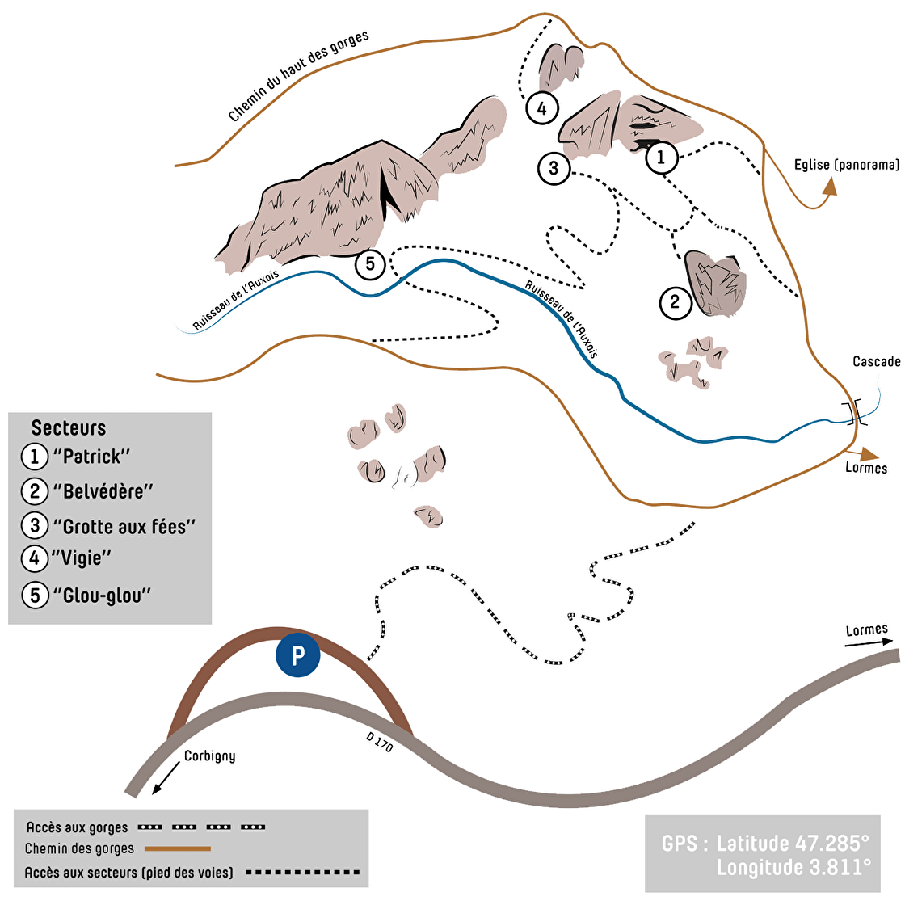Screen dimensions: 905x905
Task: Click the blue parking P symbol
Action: pyautogui.click(x=298, y=655)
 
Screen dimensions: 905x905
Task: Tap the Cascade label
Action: pyautogui.click(x=876, y=361)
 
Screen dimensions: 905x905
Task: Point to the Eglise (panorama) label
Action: pyautogui.click(x=846, y=165)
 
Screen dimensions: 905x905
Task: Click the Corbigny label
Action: pyautogui.click(x=209, y=756)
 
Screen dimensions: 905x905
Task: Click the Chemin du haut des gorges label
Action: pyautogui.click(x=298, y=77)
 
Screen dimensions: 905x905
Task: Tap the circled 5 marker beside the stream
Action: pyautogui.click(x=370, y=264)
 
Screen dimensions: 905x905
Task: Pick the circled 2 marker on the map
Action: pyautogui.click(x=675, y=303)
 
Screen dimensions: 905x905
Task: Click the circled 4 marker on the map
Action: pyautogui.click(x=541, y=108)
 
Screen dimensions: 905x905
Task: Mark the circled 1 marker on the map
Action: pyautogui.click(x=661, y=158)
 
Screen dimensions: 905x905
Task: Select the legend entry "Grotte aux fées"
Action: pyautogui.click(x=124, y=526)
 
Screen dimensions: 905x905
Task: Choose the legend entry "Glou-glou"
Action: pyautogui.click(x=102, y=596)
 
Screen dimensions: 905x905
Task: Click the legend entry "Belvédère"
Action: pyautogui.click(x=103, y=490)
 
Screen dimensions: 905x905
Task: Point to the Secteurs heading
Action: pyautogui.click(x=69, y=428)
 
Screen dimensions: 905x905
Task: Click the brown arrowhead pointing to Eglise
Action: pyautogui.click(x=829, y=187)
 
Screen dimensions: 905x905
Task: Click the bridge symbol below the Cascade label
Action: pyautogui.click(x=852, y=413)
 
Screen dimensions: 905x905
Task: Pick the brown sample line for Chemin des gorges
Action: pyautogui.click(x=178, y=848)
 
